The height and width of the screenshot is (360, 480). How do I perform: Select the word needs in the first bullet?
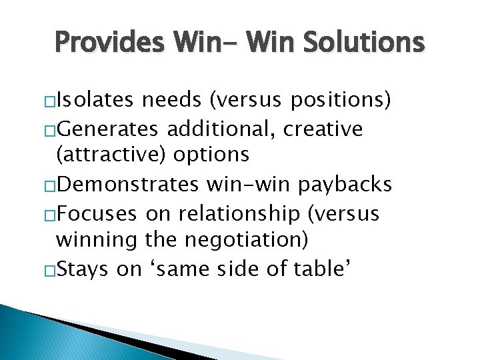171,101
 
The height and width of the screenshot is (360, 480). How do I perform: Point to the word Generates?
110,128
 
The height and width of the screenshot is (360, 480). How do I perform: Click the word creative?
323,128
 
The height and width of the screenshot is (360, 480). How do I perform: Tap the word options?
211,155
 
